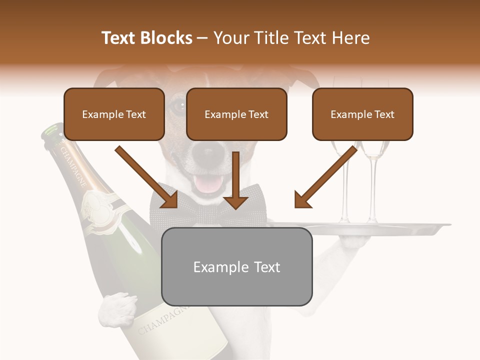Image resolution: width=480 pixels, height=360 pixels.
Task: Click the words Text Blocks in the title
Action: click(x=146, y=38)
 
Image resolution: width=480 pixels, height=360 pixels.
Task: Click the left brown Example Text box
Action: click(x=114, y=114)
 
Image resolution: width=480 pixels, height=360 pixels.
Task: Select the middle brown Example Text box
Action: click(x=236, y=114)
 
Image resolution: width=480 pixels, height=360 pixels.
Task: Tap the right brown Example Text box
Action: click(x=362, y=114)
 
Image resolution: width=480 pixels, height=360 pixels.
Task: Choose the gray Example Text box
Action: click(x=236, y=266)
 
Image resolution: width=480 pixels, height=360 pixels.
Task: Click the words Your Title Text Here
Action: click(x=291, y=38)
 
